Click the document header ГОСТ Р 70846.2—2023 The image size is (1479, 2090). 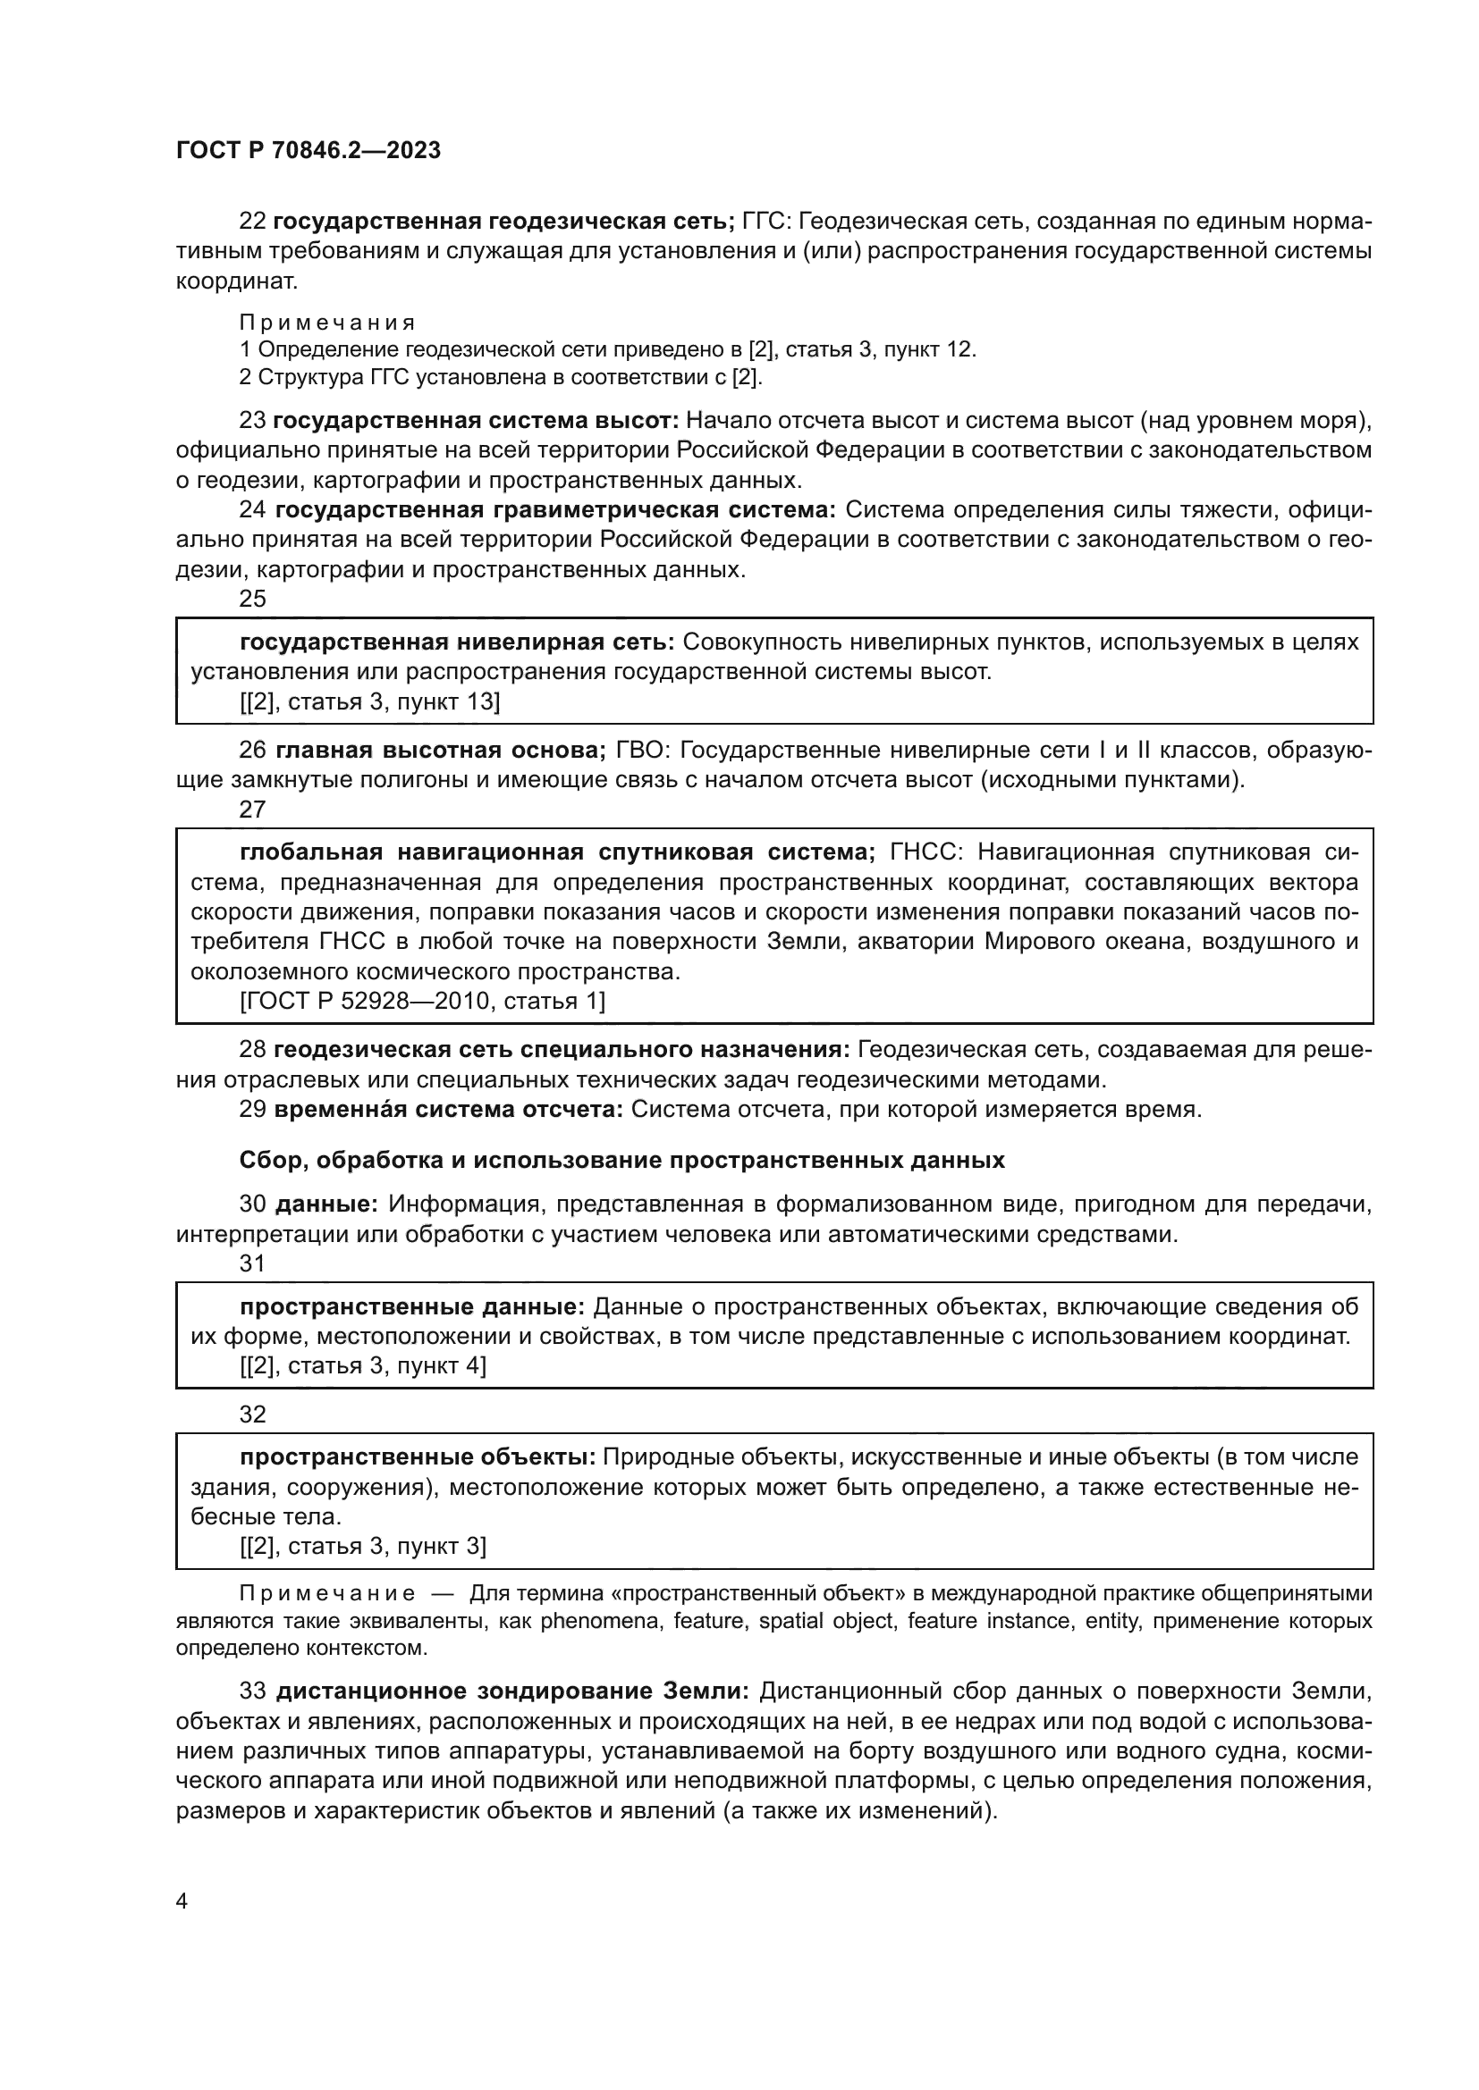[x=308, y=150]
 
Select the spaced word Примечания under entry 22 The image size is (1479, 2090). [x=327, y=323]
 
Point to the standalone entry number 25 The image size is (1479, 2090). [x=252, y=598]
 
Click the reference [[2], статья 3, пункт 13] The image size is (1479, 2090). [x=370, y=701]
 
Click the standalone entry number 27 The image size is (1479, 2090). [x=252, y=810]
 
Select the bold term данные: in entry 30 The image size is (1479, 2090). [x=326, y=1204]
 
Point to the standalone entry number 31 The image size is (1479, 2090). [x=252, y=1263]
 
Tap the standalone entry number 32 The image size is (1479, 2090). [x=252, y=1414]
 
